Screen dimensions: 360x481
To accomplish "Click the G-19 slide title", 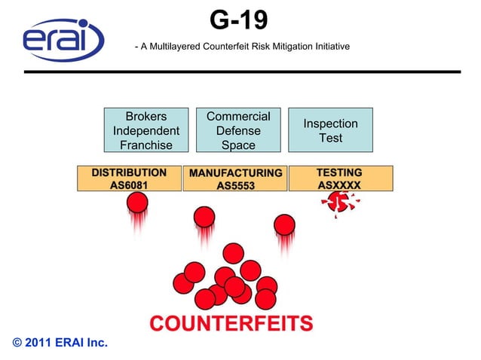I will pos(238,20).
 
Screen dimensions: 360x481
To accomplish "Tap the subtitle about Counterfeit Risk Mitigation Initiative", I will pos(241,47).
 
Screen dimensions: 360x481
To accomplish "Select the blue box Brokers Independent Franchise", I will pos(146,130).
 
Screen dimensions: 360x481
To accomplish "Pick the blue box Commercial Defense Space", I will pos(238,130).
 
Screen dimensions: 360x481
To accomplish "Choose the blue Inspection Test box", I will pos(330,130).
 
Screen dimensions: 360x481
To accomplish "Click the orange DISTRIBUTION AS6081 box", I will pos(130,178).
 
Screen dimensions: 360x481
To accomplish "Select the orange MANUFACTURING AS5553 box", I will pos(235,178).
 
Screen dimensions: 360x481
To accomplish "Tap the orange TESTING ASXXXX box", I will pos(340,178).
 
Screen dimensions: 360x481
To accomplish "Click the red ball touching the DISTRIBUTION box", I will pos(137,202).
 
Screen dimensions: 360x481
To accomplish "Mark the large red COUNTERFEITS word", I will pos(231,324).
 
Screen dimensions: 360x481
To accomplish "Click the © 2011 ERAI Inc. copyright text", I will pos(60,343).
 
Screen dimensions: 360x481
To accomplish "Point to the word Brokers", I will pos(146,117).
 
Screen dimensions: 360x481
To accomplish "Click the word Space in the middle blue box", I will pos(238,145).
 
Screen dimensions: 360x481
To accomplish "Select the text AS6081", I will pos(130,185).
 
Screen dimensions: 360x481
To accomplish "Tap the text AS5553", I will pos(235,185).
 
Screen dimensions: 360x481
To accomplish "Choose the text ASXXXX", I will pos(340,185).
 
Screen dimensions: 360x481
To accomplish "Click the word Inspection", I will pos(330,124).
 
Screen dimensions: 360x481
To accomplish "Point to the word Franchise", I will pos(146,145).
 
